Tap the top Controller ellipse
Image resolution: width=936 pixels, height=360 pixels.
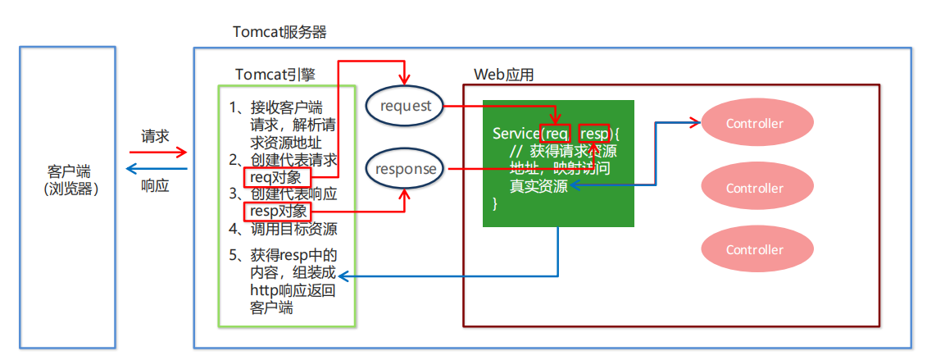755,124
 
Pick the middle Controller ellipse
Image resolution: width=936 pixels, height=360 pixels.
755,188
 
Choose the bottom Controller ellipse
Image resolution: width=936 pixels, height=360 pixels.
755,249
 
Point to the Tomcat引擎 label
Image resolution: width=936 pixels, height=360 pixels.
275,74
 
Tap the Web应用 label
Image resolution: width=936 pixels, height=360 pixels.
504,75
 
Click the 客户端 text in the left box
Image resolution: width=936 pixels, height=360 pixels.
69,172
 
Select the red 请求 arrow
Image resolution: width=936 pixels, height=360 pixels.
158,153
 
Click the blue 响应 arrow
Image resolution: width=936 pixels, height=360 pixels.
157,170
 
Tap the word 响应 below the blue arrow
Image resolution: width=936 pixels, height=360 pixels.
155,186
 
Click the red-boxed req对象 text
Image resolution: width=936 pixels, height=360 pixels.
278,176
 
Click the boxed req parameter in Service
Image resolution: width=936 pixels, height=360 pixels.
557,134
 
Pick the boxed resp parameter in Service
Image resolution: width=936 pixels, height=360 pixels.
594,134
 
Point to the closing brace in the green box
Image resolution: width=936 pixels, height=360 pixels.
495,203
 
